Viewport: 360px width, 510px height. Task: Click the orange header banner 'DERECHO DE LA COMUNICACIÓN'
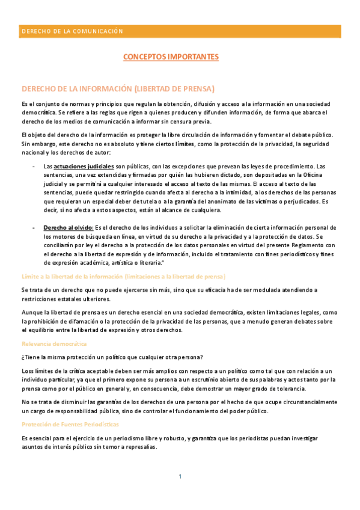(180, 31)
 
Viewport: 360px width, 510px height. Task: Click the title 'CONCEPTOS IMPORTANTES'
(171, 57)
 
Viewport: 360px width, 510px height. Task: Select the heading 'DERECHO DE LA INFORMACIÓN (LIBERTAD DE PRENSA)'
(118, 89)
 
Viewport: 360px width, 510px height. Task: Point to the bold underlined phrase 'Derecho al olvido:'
(68, 227)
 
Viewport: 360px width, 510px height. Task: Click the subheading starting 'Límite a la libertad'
(123, 276)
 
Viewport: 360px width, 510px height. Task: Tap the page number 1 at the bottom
(180, 477)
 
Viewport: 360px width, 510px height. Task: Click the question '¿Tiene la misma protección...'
(112, 357)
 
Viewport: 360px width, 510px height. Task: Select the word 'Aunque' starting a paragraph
(32, 312)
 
